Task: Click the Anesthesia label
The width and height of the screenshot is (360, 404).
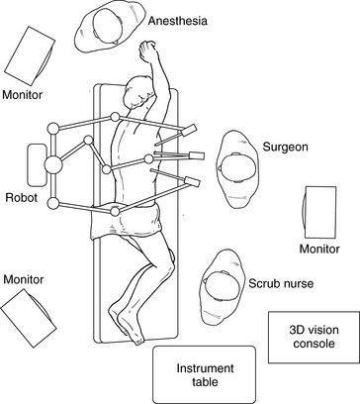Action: [x=178, y=21]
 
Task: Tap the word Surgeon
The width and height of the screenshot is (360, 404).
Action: [x=285, y=147]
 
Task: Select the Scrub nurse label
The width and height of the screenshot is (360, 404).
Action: [x=281, y=283]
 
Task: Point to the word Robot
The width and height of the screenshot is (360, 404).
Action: [x=22, y=198]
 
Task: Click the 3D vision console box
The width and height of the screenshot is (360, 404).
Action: [x=314, y=337]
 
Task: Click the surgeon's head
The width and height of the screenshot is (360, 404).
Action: [x=237, y=168]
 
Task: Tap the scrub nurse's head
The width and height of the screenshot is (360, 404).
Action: [x=222, y=286]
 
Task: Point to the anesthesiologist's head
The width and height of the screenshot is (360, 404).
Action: [x=108, y=26]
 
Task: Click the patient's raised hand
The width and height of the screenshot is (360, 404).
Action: [x=147, y=50]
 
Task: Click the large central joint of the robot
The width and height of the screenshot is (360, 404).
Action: [x=53, y=164]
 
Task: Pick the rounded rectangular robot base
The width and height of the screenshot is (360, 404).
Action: [x=37, y=165]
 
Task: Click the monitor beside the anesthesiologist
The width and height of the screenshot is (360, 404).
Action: [x=30, y=55]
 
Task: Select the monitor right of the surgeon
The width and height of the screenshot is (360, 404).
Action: [x=319, y=212]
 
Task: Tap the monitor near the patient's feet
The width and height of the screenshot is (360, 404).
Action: [x=29, y=318]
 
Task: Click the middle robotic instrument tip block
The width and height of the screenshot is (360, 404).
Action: [x=197, y=155]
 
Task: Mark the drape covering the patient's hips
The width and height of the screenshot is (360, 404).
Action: [x=126, y=221]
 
